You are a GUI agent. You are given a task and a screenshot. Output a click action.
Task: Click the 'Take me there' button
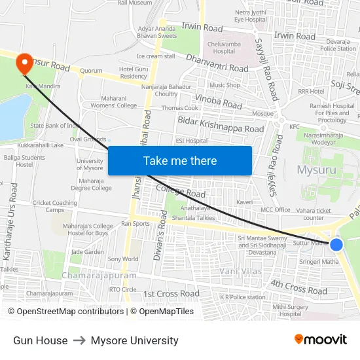(x=180, y=160)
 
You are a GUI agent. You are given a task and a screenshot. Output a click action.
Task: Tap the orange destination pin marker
(x=24, y=63)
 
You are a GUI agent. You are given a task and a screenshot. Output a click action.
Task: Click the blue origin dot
(x=336, y=244)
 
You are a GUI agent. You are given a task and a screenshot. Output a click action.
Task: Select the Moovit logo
(x=320, y=340)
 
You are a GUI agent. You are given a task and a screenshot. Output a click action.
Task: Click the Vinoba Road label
(x=219, y=102)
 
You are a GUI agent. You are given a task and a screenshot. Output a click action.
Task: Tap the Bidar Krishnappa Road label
(x=221, y=124)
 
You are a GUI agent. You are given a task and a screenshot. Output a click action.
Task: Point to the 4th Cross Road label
(x=298, y=286)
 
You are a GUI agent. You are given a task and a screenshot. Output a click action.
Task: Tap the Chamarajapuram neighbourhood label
(x=99, y=276)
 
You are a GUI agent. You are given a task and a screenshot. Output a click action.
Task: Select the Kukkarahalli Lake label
(x=41, y=145)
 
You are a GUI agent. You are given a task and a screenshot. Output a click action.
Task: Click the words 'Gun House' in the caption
(x=40, y=340)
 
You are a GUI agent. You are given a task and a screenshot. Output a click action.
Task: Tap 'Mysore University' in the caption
(x=134, y=340)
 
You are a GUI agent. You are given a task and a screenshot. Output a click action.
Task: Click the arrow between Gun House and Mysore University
(x=79, y=340)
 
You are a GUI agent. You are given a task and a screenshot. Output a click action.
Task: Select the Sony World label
(x=122, y=259)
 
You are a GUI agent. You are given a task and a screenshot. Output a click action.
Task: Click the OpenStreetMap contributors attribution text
(x=67, y=312)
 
